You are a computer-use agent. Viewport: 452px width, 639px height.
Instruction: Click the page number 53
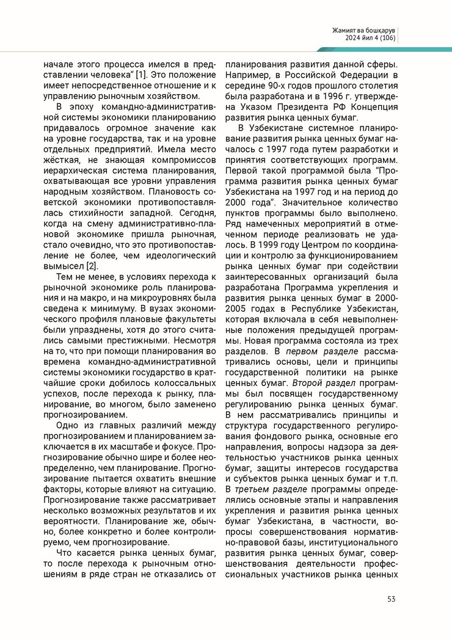(x=391, y=598)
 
